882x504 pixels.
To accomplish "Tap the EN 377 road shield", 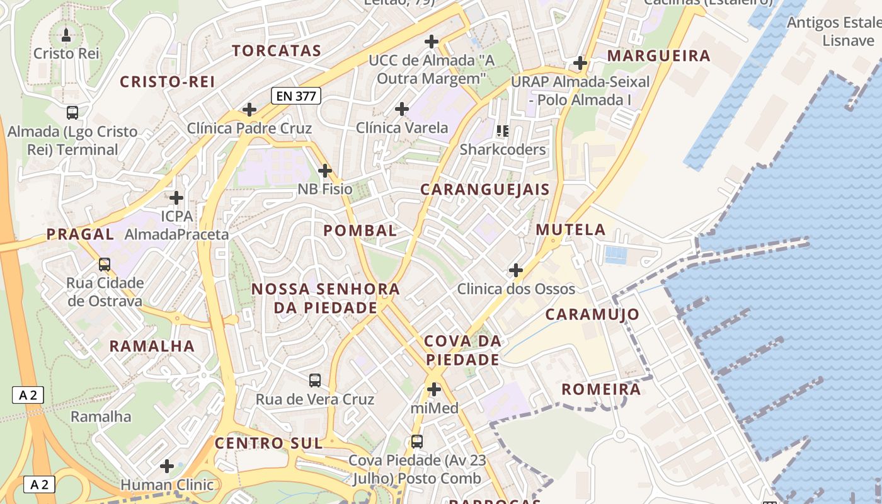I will (296, 96).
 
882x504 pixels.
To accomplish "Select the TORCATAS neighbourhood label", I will (277, 50).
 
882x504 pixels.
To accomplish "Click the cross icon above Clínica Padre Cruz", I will (249, 109).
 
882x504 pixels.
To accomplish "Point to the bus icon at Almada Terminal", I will (72, 113).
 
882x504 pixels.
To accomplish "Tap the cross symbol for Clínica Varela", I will (402, 109).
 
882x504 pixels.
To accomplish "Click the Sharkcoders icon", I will (502, 131).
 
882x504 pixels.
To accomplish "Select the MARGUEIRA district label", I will (658, 55).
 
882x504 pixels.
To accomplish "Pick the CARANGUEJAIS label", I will (484, 189).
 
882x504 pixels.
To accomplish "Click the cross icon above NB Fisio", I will (325, 170).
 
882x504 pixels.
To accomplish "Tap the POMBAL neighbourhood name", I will (360, 231).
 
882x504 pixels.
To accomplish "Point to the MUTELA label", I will (571, 229).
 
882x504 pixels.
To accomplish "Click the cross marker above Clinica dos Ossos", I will (516, 270).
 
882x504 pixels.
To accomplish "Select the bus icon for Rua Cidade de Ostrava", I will (105, 265).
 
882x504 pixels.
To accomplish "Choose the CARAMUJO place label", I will (592, 314).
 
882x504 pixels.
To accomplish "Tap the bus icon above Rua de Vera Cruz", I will (315, 381).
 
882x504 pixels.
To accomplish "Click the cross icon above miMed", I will (434, 389).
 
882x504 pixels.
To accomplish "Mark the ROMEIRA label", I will (601, 389).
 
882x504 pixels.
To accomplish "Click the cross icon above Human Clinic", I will (167, 466).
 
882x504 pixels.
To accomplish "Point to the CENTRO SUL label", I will (268, 443).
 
